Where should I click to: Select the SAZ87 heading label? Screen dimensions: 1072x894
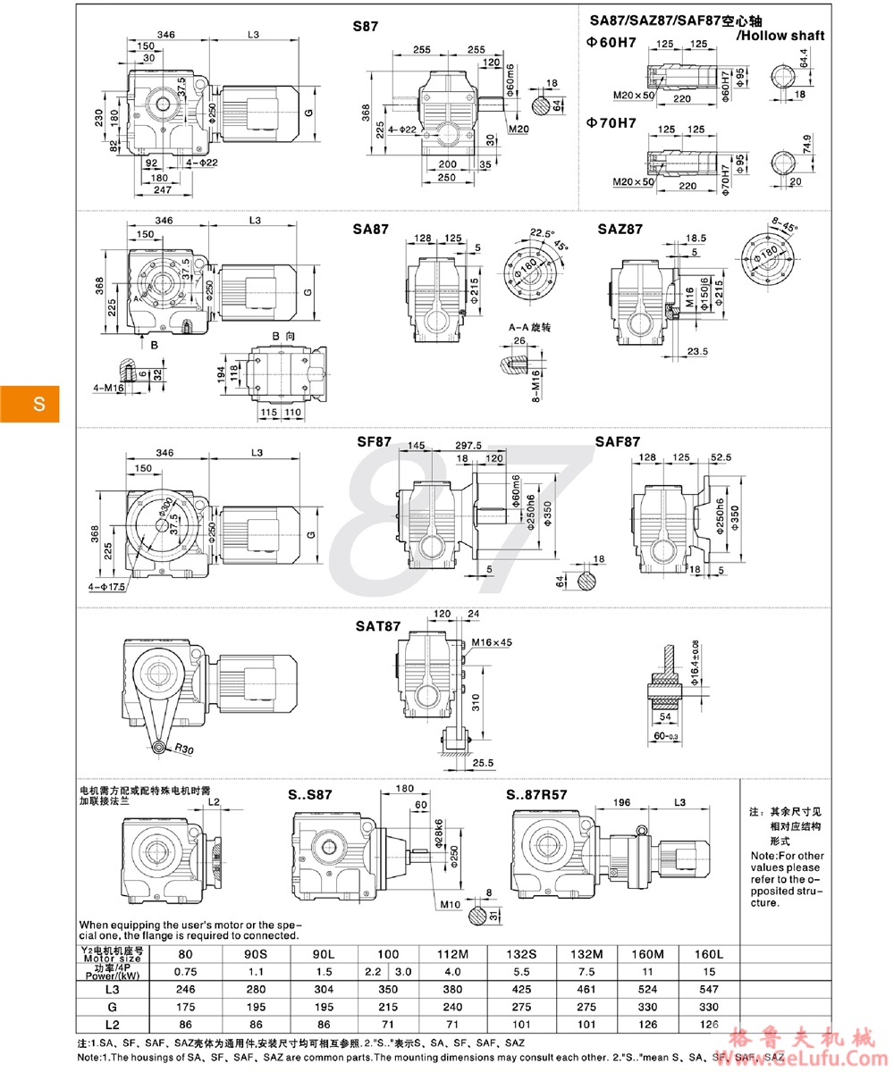(620, 230)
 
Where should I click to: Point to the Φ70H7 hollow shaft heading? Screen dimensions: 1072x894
(611, 123)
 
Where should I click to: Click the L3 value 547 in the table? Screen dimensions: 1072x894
(710, 990)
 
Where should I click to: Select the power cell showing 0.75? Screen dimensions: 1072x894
(185, 971)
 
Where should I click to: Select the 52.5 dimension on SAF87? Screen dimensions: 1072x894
(720, 457)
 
